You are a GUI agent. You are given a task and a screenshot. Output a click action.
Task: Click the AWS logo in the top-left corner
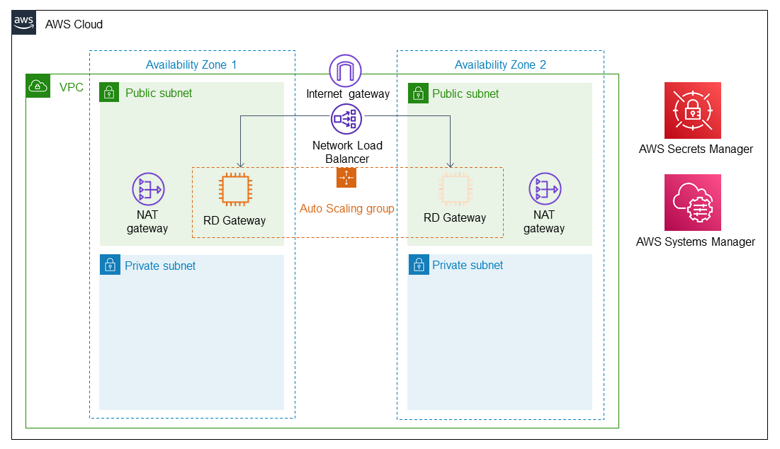pyautogui.click(x=24, y=23)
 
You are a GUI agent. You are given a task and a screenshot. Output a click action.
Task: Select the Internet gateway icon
pyautogui.click(x=346, y=72)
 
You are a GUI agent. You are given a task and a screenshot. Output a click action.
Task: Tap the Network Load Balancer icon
pyautogui.click(x=346, y=120)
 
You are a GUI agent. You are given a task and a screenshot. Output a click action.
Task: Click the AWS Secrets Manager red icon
pyautogui.click(x=692, y=110)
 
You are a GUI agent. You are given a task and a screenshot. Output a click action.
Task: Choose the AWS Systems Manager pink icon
pyautogui.click(x=692, y=203)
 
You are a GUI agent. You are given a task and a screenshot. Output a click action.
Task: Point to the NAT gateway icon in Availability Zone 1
pyautogui.click(x=148, y=190)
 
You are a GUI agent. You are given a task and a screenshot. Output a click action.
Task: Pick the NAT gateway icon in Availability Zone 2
pyautogui.click(x=545, y=189)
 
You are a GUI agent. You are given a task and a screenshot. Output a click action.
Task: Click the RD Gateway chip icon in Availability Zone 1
pyautogui.click(x=234, y=190)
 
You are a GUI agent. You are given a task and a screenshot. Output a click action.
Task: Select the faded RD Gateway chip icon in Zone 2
pyautogui.click(x=455, y=189)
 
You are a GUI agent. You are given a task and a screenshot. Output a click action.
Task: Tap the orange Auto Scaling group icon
pyautogui.click(x=346, y=178)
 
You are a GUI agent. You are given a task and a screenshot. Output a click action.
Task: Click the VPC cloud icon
pyautogui.click(x=37, y=86)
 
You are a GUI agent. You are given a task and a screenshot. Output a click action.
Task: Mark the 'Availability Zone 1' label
pyautogui.click(x=191, y=65)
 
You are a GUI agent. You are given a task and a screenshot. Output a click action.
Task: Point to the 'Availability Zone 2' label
pyautogui.click(x=500, y=65)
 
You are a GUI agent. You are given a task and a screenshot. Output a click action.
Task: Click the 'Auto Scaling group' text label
pyautogui.click(x=346, y=208)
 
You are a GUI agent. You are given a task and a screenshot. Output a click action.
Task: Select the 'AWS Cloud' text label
pyautogui.click(x=74, y=24)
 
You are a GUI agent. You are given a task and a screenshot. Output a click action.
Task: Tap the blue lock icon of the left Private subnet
pyautogui.click(x=110, y=266)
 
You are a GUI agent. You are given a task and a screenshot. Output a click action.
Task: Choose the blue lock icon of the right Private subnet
pyautogui.click(x=418, y=266)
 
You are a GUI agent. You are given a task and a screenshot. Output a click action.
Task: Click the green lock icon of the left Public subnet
pyautogui.click(x=110, y=92)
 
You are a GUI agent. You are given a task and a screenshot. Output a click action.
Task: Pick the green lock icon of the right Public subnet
pyautogui.click(x=418, y=93)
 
